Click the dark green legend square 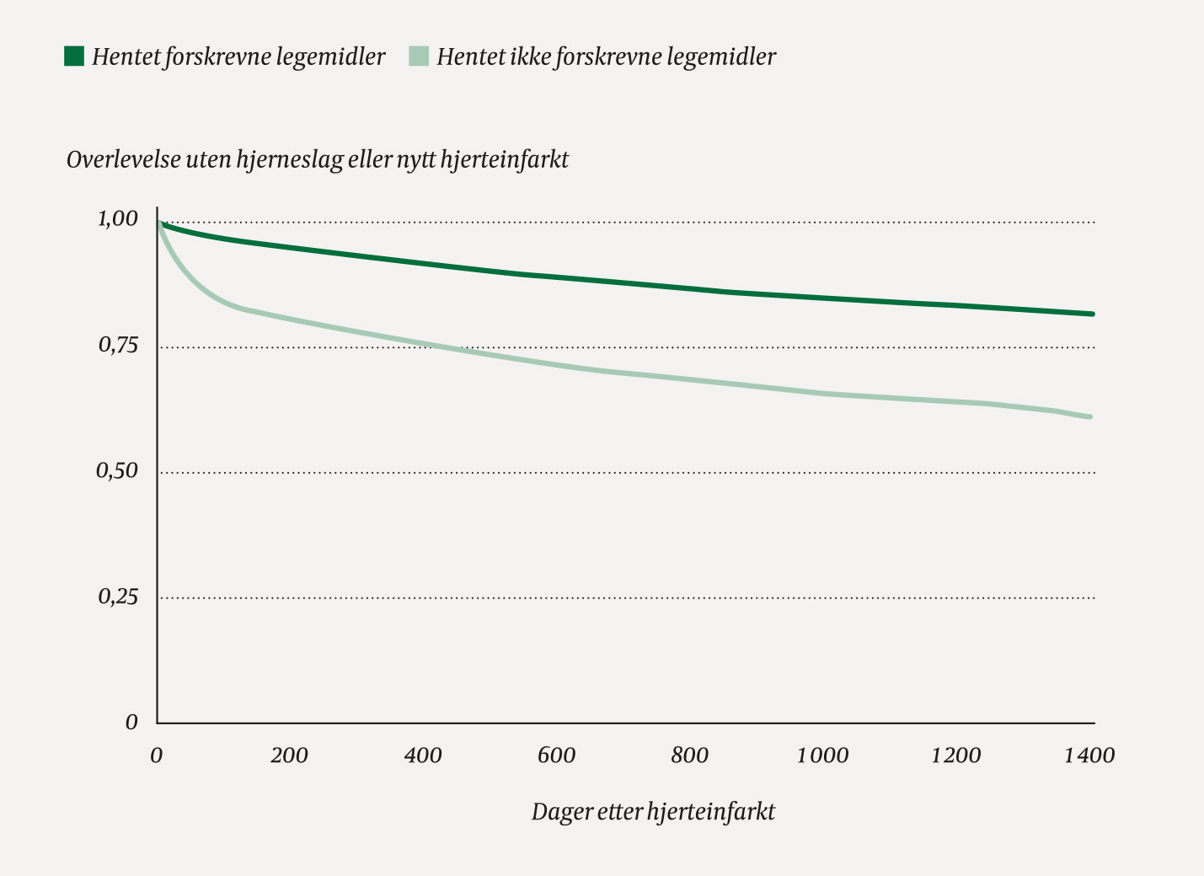pyautogui.click(x=74, y=56)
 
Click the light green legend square pyautogui.click(x=419, y=56)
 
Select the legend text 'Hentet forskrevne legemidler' pyautogui.click(x=238, y=56)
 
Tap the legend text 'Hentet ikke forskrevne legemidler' pyautogui.click(x=606, y=56)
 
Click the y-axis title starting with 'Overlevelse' pyautogui.click(x=318, y=159)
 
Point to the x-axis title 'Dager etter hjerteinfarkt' pyautogui.click(x=653, y=812)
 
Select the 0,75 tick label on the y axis pyautogui.click(x=117, y=345)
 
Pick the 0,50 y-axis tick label pyautogui.click(x=117, y=470)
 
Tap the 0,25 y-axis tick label pyautogui.click(x=117, y=596)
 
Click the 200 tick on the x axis pyautogui.click(x=289, y=755)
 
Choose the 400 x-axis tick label pyautogui.click(x=422, y=755)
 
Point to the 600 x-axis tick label pyautogui.click(x=556, y=755)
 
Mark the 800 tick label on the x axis pyautogui.click(x=689, y=755)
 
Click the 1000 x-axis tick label pyautogui.click(x=822, y=755)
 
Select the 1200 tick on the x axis pyautogui.click(x=955, y=755)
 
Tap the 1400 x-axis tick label pyautogui.click(x=1089, y=755)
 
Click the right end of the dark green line pyautogui.click(x=1092, y=314)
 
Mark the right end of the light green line pyautogui.click(x=1090, y=417)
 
